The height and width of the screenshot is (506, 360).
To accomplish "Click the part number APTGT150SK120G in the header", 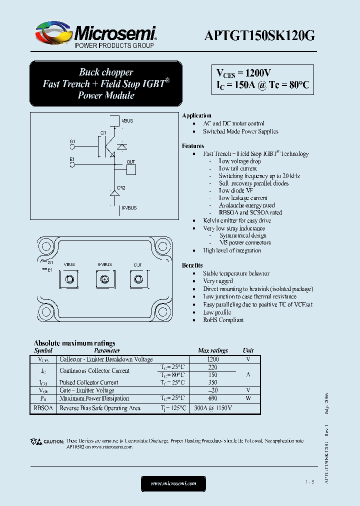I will pos(259,35).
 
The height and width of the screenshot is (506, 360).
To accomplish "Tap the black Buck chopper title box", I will pos(105,83).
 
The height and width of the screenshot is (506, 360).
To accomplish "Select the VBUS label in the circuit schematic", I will pos(127,121).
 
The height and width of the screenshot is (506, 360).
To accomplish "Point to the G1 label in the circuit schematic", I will pos(72,141).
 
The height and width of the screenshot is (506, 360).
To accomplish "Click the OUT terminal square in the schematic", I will pos(130,169).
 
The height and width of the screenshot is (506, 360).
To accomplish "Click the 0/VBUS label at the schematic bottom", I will pos(128,206).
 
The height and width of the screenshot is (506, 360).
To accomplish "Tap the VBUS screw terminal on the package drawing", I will pos(69,279).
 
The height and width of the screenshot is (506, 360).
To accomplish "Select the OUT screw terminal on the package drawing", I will pos(137,279).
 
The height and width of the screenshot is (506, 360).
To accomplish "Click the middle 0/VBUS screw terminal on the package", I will pos(104,279).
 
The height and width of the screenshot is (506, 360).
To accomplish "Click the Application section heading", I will pos(196,115).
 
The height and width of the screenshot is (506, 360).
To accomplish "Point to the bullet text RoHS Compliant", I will pos(223,320).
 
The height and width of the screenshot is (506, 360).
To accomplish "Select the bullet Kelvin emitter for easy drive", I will pos(236,220).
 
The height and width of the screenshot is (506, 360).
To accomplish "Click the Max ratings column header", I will pos(212,350).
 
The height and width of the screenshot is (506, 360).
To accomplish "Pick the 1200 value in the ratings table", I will pos(212,359).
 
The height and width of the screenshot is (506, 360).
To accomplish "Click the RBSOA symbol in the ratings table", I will pos(43,408).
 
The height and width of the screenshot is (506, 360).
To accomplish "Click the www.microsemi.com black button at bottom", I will pos(173,483).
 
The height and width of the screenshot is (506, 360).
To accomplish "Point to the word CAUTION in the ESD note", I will pos(53,441).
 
